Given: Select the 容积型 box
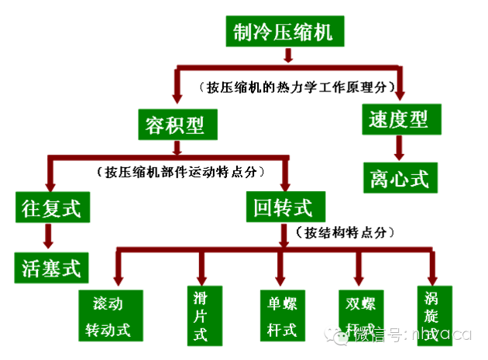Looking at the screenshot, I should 177,123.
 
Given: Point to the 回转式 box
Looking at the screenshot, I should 284,206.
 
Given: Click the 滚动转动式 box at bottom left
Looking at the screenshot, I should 112,315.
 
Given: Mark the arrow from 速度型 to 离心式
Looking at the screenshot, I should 398,146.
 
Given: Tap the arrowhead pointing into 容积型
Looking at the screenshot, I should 177,98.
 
